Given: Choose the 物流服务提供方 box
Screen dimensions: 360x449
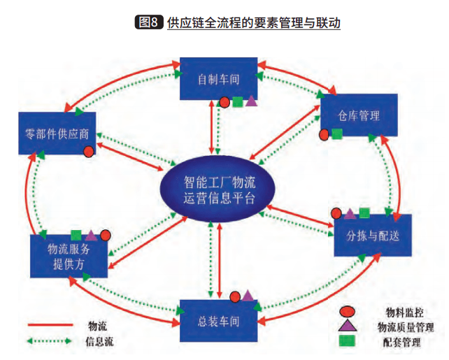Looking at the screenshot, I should [68, 256].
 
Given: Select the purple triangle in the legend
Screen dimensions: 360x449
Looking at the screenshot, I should [345, 326].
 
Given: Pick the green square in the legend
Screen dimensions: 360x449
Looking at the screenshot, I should [345, 341].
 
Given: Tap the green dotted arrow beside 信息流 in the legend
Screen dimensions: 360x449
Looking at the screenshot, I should [50, 341].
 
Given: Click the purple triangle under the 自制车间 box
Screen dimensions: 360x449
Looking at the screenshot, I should [251, 101].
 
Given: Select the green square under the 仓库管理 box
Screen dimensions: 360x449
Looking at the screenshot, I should [337, 134].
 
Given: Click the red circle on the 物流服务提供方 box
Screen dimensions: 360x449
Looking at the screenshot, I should [106, 236].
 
